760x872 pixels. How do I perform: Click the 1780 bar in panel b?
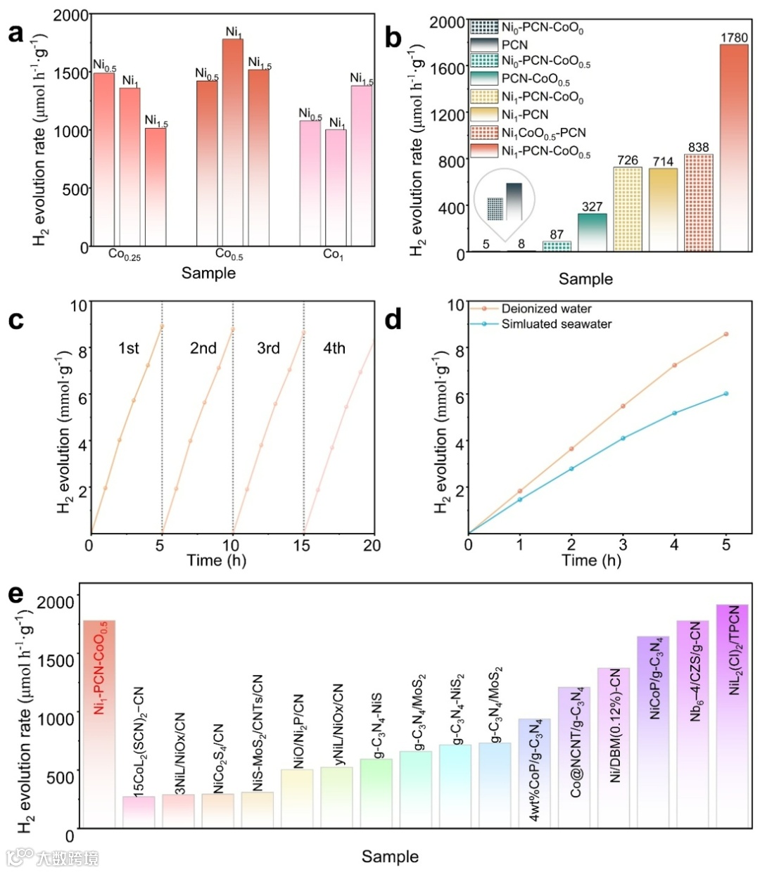734,148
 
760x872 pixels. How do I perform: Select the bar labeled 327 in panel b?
593,232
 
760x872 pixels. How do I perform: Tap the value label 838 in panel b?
699,147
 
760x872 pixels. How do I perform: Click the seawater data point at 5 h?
726,394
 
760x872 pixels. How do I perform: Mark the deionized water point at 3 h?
623,406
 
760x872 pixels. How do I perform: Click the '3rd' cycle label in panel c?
268,348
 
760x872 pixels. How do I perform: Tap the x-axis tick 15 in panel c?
303,546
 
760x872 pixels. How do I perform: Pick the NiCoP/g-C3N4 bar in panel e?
654,731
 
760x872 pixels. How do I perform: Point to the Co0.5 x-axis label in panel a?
229,255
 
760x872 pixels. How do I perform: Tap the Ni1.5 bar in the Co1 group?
362,166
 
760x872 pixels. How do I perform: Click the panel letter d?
393,320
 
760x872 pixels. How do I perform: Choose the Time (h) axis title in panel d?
591,560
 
